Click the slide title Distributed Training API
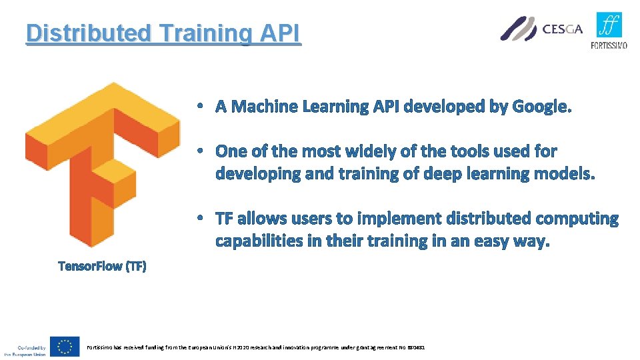[163, 33]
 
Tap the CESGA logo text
[563, 29]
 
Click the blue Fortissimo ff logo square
[609, 25]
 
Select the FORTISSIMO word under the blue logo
[609, 45]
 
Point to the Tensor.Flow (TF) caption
[102, 266]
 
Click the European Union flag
[65, 347]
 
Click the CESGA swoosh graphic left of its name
[519, 29]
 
